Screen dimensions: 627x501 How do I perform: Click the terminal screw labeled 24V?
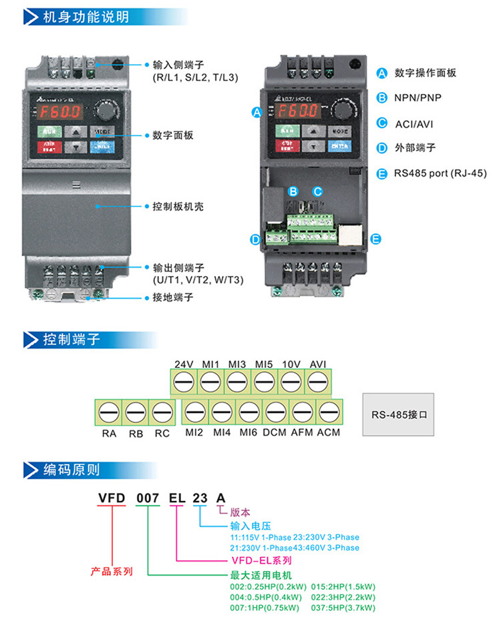[183, 382]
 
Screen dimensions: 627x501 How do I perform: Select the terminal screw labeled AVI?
[318, 382]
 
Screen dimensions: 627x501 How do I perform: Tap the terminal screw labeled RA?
[109, 412]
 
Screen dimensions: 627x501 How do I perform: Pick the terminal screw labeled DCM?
[275, 412]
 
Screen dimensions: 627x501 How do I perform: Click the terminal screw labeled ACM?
[329, 412]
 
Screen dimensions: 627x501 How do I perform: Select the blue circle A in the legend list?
[381, 73]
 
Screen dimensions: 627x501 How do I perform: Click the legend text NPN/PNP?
[417, 97]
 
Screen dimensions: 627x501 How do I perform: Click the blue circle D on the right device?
[255, 239]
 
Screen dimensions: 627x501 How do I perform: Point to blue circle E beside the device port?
[375, 238]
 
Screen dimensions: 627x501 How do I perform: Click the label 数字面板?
[173, 135]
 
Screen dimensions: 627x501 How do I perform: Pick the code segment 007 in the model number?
[148, 496]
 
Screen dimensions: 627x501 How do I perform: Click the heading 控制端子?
[71, 340]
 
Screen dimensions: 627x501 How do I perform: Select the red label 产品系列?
[112, 572]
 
